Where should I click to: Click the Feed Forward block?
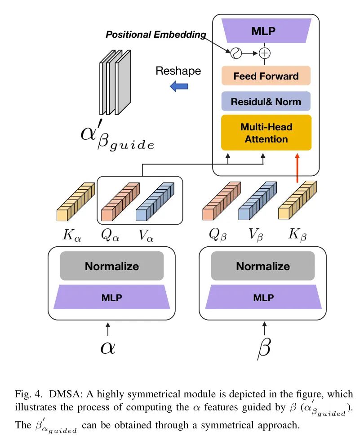tap(266, 76)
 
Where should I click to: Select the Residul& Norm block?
tap(266, 102)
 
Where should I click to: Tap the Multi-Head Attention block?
tap(266, 133)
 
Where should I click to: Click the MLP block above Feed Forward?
tap(266, 31)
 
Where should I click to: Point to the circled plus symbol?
tap(265, 53)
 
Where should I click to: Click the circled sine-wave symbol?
tap(236, 53)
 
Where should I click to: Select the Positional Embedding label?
tap(156, 35)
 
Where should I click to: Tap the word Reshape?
tap(178, 71)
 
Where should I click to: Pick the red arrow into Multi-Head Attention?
tap(297, 168)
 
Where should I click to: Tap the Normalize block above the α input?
tap(112, 266)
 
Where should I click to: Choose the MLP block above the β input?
tap(263, 298)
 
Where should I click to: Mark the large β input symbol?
tap(263, 348)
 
